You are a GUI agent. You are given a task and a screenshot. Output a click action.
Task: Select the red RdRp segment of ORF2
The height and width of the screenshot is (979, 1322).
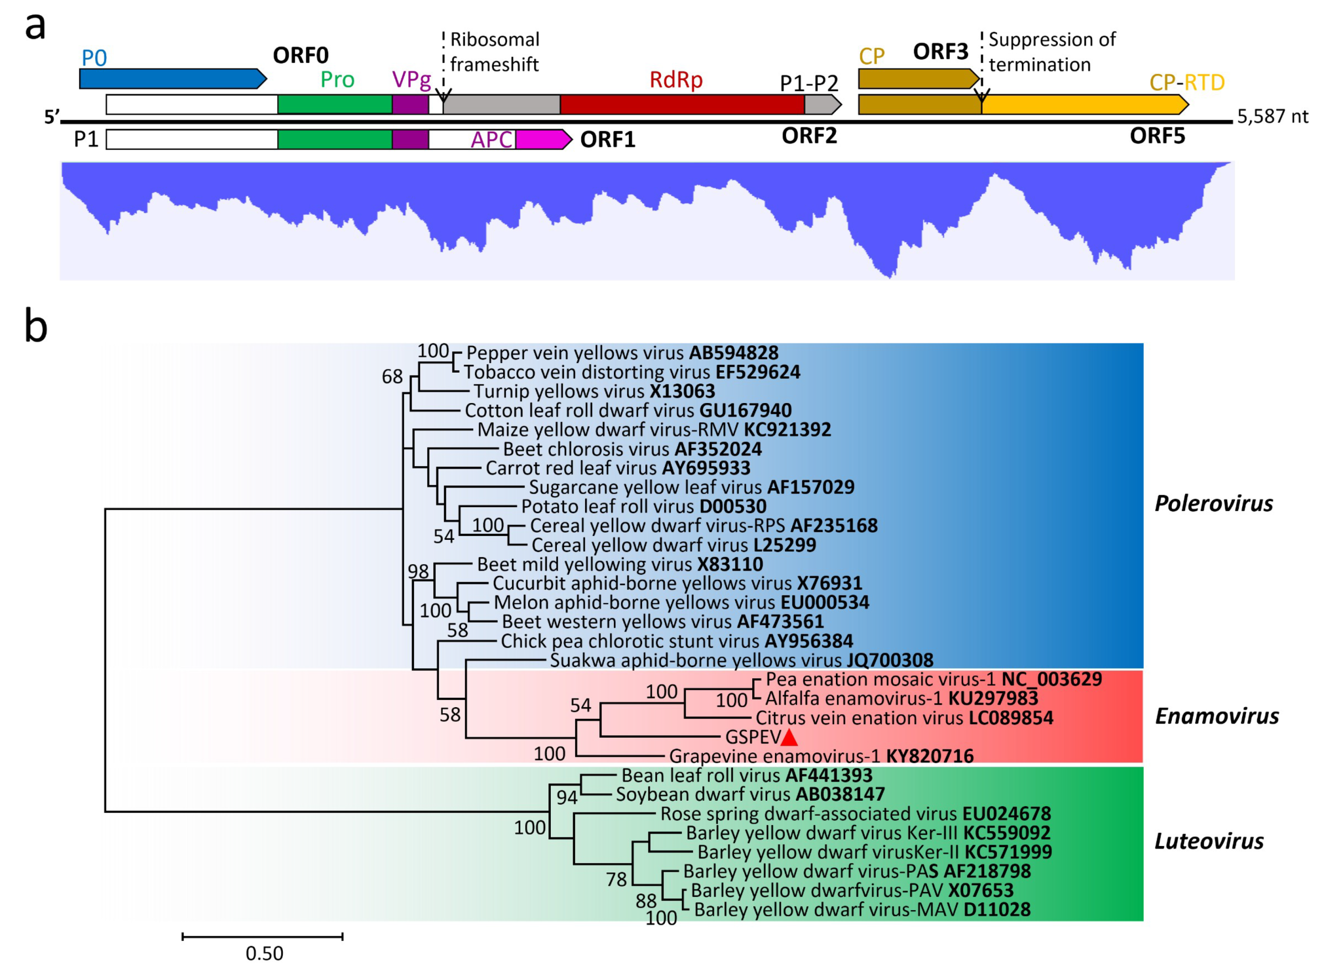[x=681, y=104]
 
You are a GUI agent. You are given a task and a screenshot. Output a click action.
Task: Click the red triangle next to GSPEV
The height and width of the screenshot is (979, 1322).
[x=789, y=738]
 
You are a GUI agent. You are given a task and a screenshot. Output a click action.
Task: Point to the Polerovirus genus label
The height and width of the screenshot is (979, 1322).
[x=1213, y=504]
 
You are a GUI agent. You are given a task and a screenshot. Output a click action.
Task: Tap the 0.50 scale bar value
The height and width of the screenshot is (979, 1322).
[x=264, y=953]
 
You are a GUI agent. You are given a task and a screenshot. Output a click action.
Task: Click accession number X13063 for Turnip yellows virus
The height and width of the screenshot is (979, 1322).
[x=682, y=392]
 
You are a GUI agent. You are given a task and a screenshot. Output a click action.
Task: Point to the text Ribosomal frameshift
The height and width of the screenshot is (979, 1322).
[x=495, y=52]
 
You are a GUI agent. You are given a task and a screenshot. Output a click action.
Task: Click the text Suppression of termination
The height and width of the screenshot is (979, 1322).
[x=1052, y=52]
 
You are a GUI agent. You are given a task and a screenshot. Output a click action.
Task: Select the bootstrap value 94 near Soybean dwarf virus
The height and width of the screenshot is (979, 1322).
[x=566, y=797]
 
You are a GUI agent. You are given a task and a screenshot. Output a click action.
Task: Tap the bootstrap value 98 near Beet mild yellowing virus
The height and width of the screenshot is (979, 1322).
[x=418, y=571]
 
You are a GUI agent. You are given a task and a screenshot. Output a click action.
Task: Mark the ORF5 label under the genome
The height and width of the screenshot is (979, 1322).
[x=1157, y=136]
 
